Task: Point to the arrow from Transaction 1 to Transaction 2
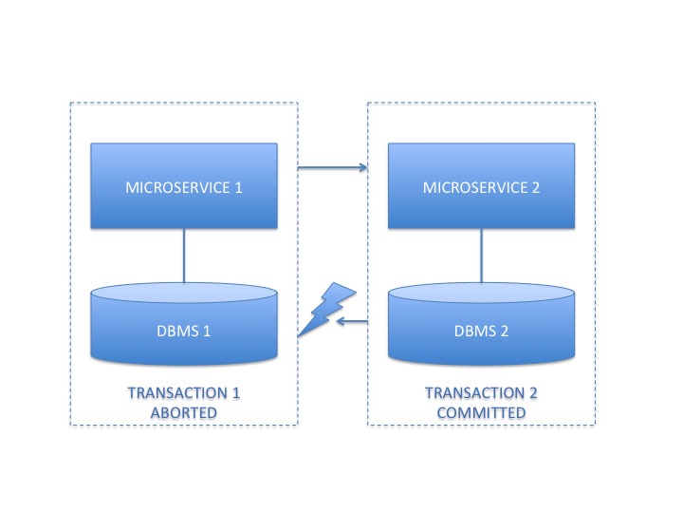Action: click(x=332, y=169)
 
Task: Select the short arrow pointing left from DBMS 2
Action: click(x=353, y=323)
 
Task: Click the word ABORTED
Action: click(x=184, y=412)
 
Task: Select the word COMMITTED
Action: click(x=481, y=412)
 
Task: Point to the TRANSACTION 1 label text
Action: click(x=184, y=393)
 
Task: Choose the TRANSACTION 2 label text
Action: click(x=481, y=393)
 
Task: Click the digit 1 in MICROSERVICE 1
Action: click(x=239, y=187)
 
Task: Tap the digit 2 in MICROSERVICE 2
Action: click(x=536, y=187)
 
